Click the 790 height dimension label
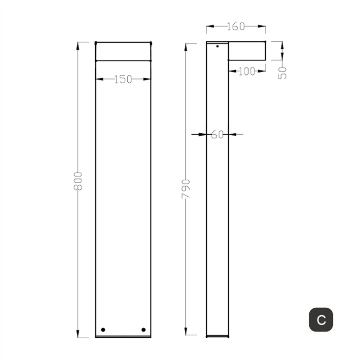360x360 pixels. coord(186,189)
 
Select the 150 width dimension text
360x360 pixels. coord(123,79)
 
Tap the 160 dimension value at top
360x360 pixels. coord(236,26)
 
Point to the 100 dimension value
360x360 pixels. coord(247,72)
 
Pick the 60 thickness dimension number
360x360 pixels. coord(217,134)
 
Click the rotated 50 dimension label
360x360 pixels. coord(282,72)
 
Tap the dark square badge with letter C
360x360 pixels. coord(321,320)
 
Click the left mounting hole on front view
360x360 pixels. coord(103,329)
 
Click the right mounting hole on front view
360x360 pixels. coord(144,329)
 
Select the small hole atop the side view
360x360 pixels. coord(217,47)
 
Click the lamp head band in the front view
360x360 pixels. coord(123,51)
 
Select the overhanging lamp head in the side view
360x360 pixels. coord(247,51)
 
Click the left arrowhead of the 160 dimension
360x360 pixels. coord(209,27)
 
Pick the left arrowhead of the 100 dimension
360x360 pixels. coord(231,72)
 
